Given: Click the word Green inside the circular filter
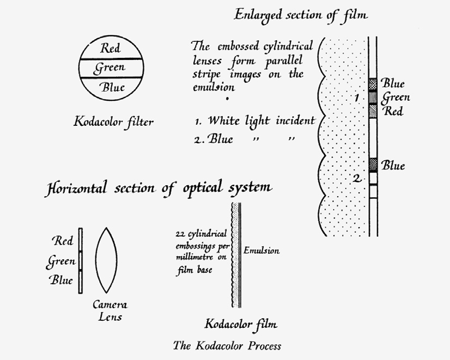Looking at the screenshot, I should click(110, 68).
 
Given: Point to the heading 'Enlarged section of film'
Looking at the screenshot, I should click(301, 15).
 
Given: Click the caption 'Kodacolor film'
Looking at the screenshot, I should click(241, 325).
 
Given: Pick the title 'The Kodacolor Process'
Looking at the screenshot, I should click(227, 345).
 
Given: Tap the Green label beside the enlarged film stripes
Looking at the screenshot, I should click(396, 97).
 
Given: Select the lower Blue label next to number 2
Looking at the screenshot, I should click(393, 165).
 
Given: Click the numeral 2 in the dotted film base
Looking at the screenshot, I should click(356, 178).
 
